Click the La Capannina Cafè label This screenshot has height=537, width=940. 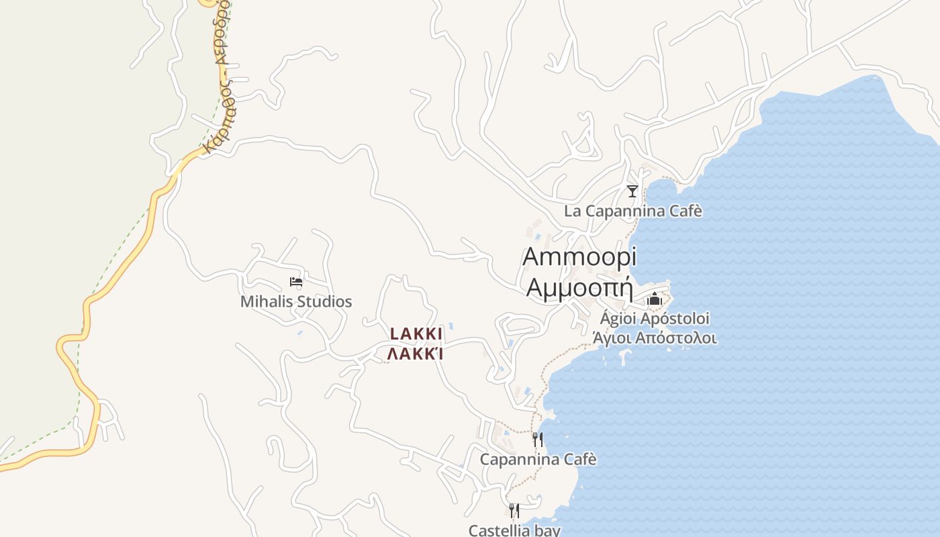point(632,211)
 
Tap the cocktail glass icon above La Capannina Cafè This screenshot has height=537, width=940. point(632,191)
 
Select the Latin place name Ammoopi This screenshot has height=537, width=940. point(579,256)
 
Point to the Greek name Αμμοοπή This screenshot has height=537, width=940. point(580,287)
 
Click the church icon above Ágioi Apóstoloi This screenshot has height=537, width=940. point(655,299)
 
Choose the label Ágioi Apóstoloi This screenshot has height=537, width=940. point(655,318)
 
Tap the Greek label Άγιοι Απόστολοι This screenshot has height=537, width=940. point(655,338)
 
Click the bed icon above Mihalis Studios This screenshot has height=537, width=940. point(295,282)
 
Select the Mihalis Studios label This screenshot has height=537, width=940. point(296,301)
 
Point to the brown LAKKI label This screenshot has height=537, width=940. point(416,334)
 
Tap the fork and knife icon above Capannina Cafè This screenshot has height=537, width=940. point(537,440)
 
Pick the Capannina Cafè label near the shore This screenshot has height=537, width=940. point(538,460)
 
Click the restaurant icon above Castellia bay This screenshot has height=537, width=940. point(514,511)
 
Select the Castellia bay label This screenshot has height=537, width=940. point(514,530)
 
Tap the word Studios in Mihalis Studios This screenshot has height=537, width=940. point(324,301)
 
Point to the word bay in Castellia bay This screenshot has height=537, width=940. point(548,530)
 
